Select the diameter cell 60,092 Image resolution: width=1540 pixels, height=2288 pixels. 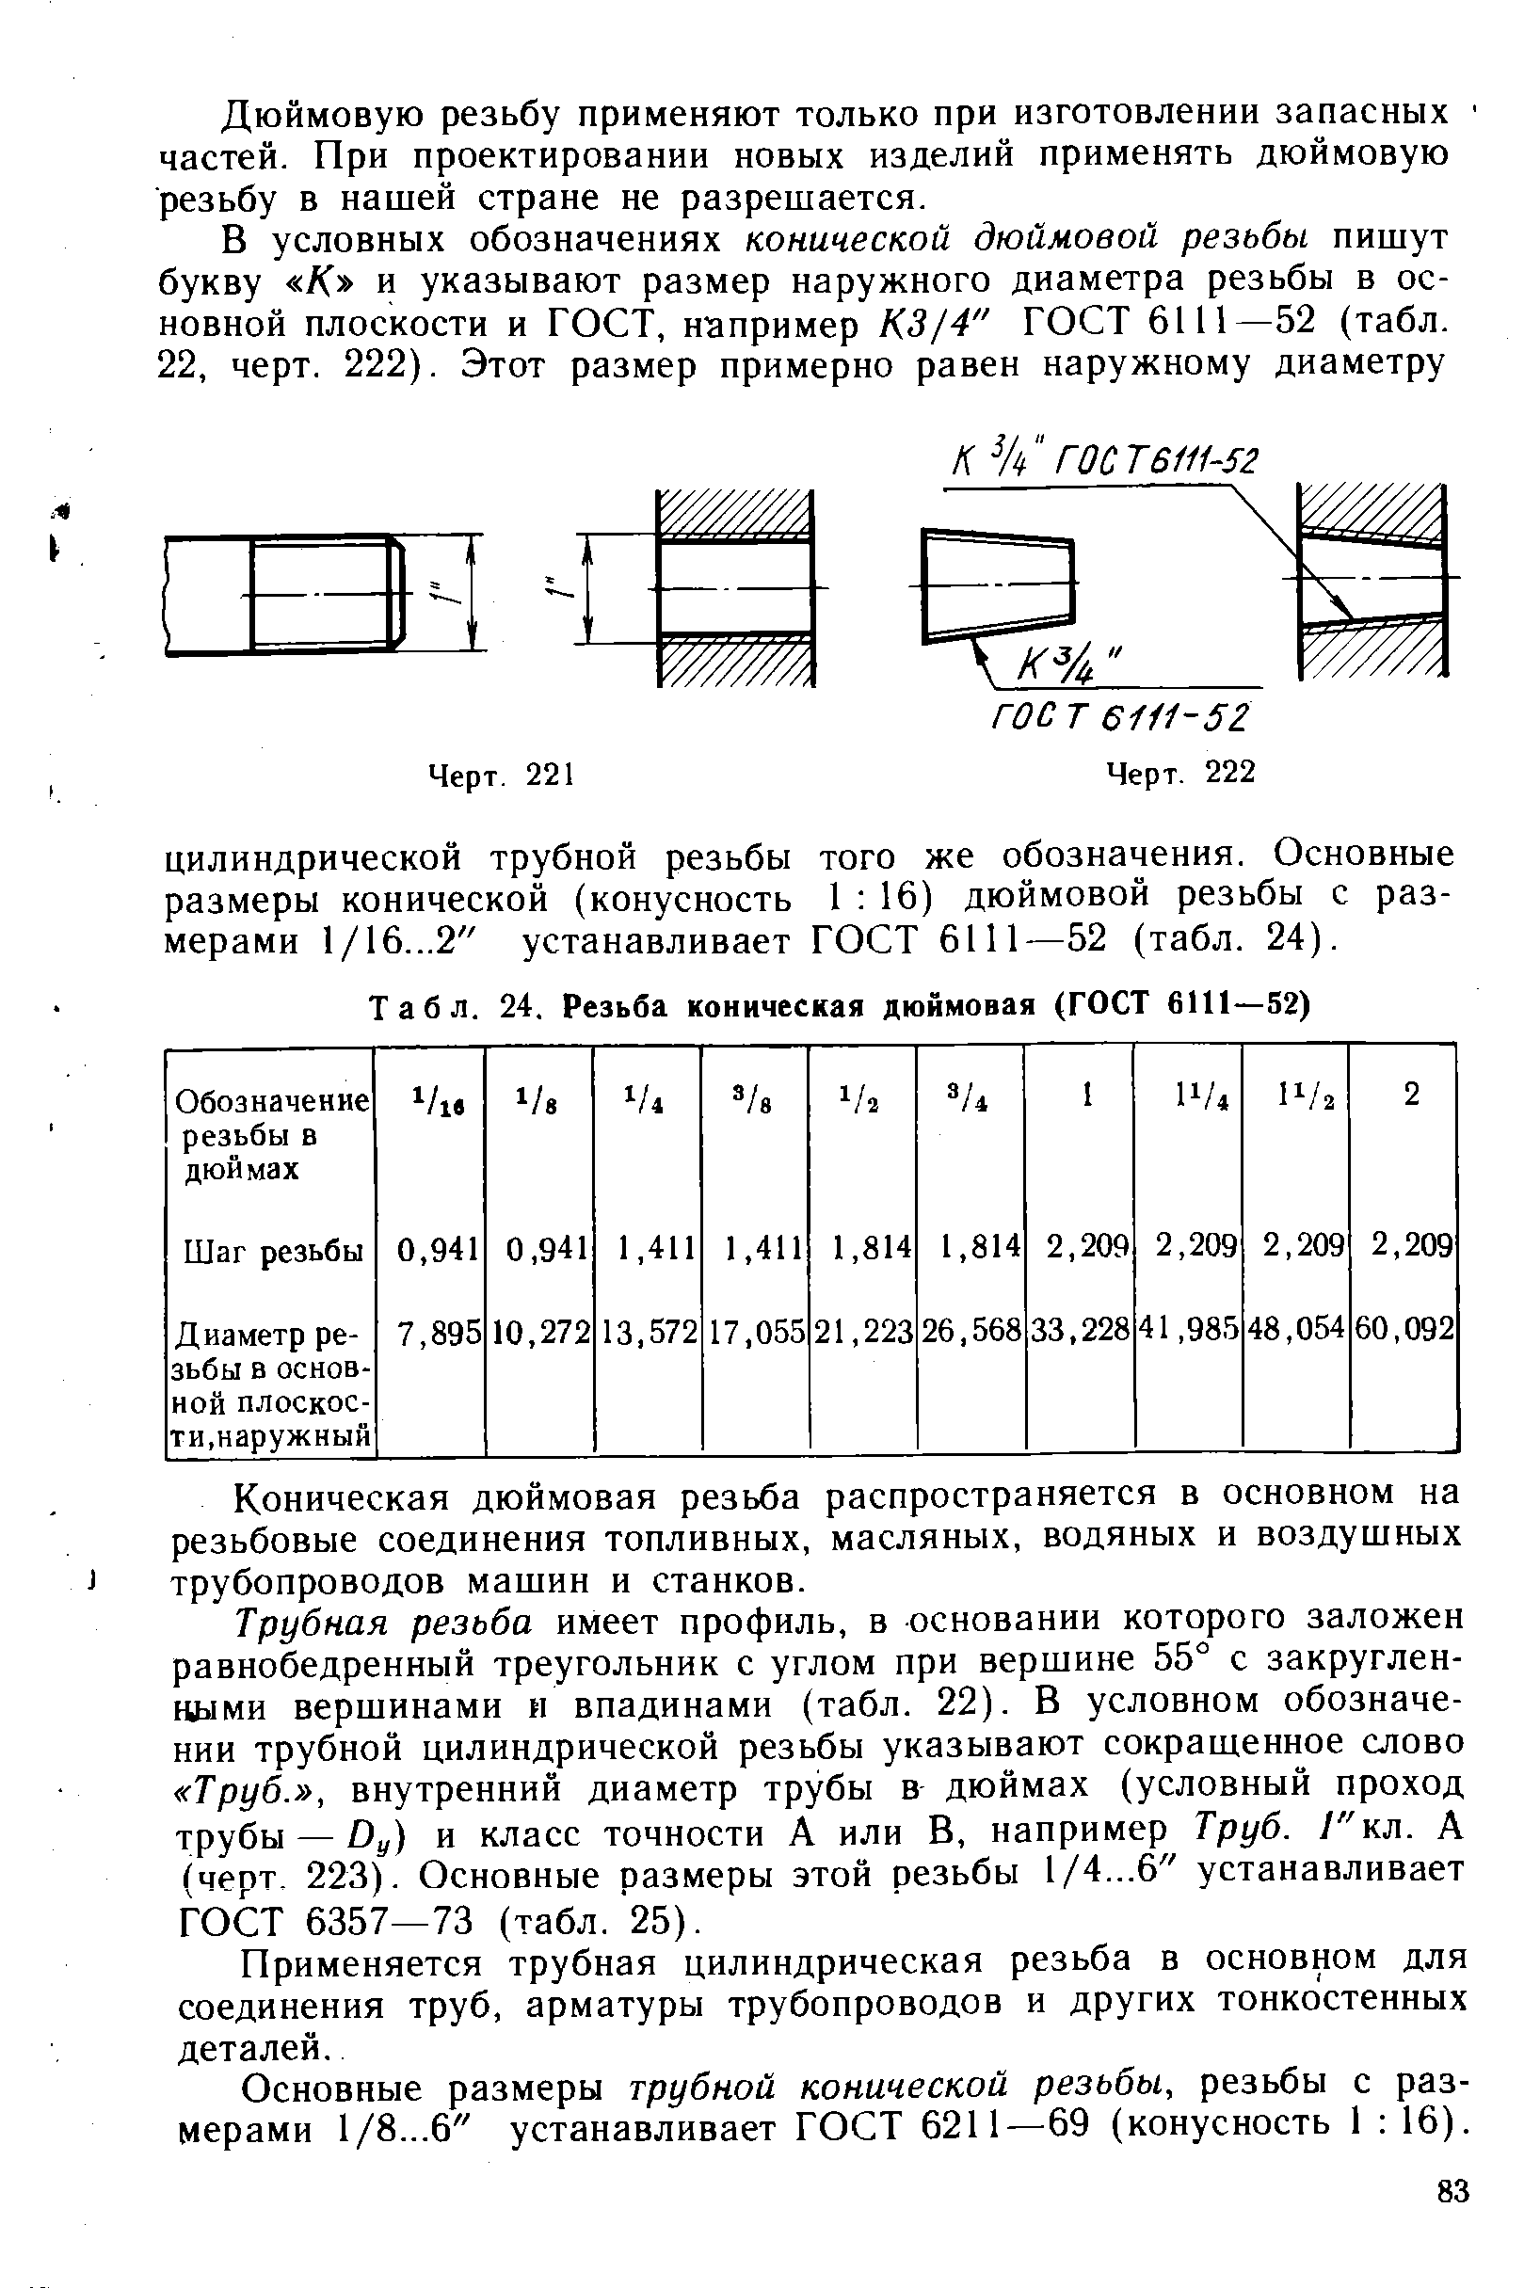tap(1404, 1331)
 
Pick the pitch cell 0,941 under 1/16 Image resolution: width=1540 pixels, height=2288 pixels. tap(437, 1249)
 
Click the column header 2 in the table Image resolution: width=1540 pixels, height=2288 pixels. tap(1411, 1095)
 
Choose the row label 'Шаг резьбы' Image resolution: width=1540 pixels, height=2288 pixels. tap(274, 1252)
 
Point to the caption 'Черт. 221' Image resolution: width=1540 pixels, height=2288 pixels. tap(501, 776)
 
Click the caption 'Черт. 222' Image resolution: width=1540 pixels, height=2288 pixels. tap(1180, 774)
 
